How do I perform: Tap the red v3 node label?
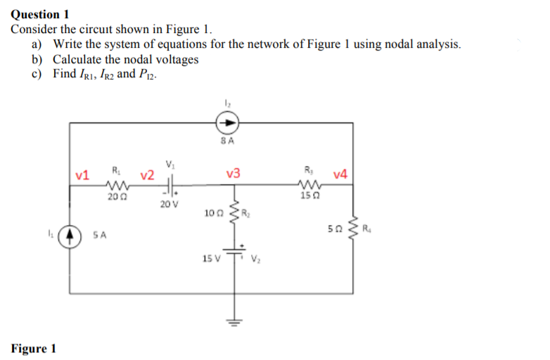point(234,174)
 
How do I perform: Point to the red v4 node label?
point(340,174)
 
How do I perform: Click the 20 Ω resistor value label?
point(113,198)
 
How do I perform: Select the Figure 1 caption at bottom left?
point(34,349)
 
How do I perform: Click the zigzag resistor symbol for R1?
point(115,186)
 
